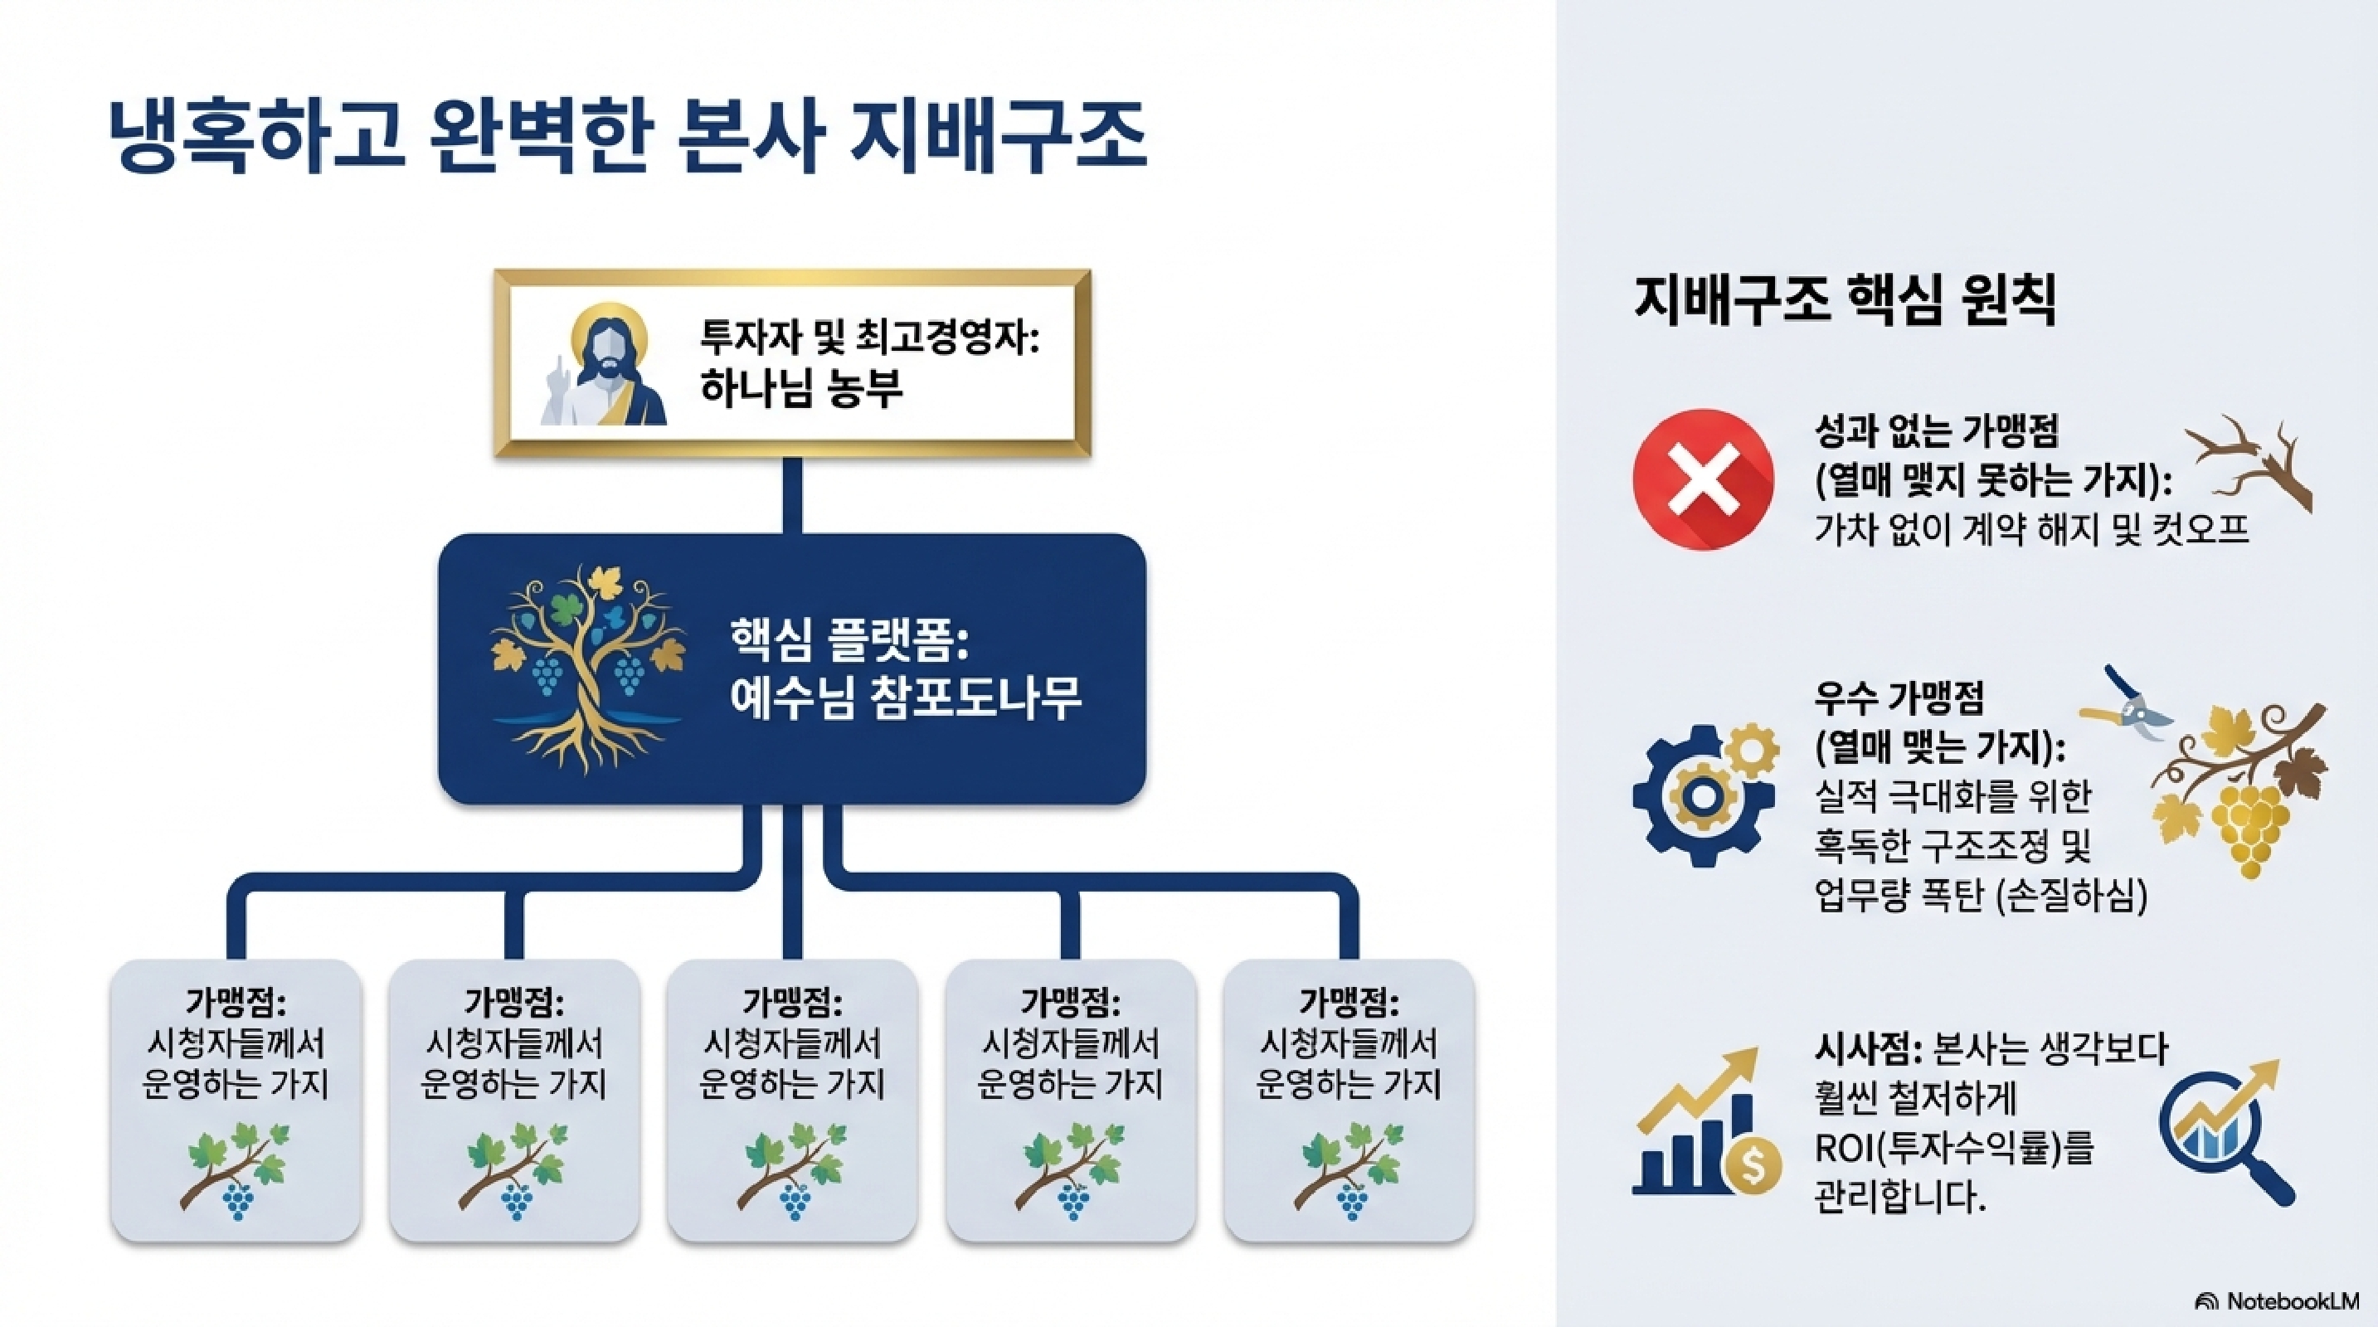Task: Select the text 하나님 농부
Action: [x=800, y=388]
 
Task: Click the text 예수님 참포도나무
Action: [x=905, y=698]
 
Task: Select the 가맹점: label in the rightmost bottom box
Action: [x=1348, y=1002]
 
